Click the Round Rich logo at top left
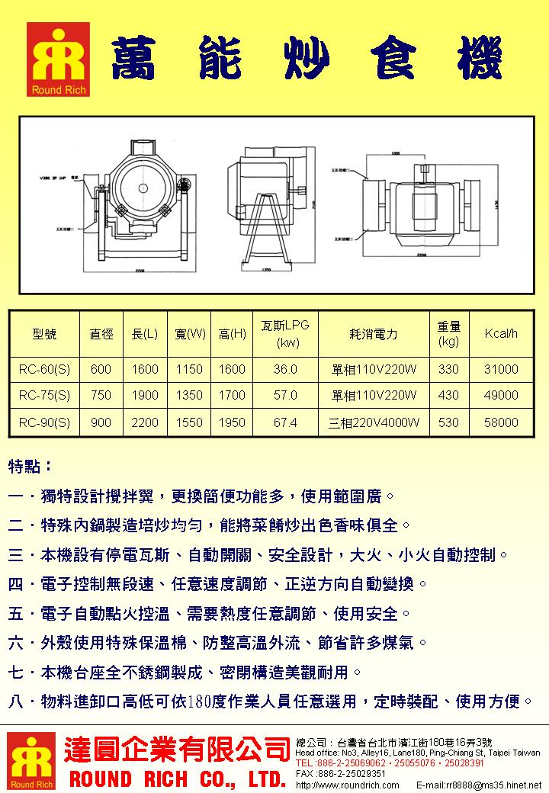(58, 59)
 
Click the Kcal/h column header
(501, 334)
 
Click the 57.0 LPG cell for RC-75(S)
(284, 395)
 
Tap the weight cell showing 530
(449, 422)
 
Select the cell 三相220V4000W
(374, 422)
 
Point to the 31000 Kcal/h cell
(501, 369)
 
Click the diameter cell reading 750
(101, 395)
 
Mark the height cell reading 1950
(232, 422)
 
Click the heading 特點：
(30, 465)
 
